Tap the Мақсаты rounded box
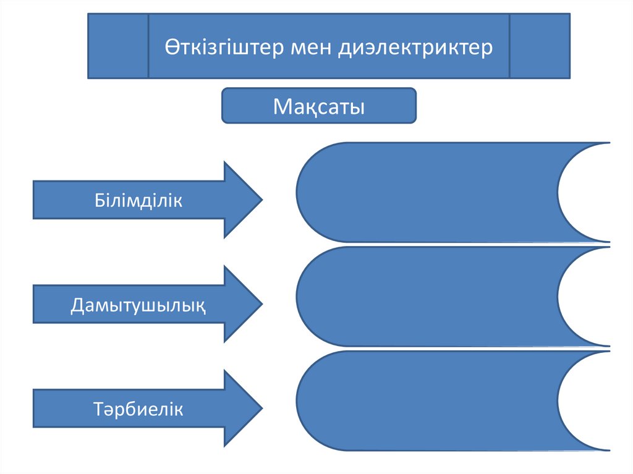click(x=319, y=106)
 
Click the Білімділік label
click(x=138, y=200)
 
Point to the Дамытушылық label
click(x=138, y=304)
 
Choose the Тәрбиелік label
click(x=138, y=408)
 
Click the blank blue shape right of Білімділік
click(x=427, y=192)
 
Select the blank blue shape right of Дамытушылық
click(x=427, y=296)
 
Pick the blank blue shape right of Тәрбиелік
click(x=427, y=400)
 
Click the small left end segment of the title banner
click(x=118, y=46)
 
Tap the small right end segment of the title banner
click(x=539, y=46)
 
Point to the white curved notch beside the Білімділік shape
click(x=593, y=192)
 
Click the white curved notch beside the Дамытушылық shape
click(x=593, y=296)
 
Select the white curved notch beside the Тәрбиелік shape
click(x=593, y=400)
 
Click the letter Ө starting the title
click(x=172, y=48)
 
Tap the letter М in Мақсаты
click(x=282, y=106)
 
